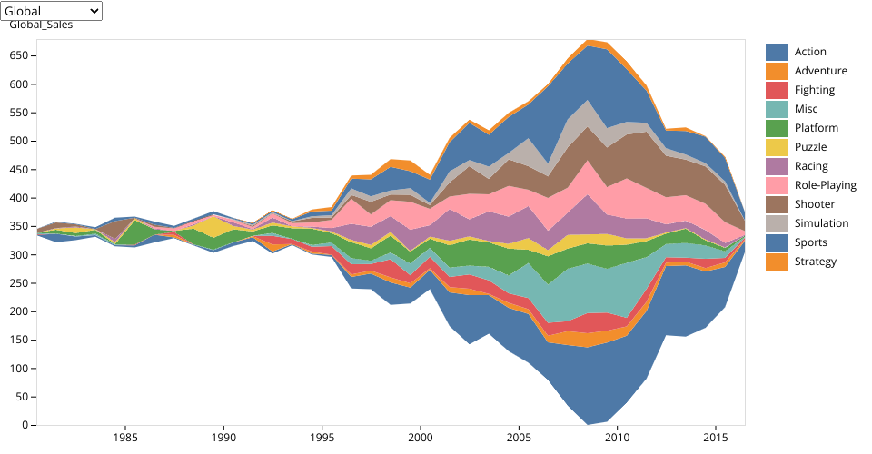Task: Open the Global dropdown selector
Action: pyautogui.click(x=52, y=11)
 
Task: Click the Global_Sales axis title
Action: pyautogui.click(x=41, y=25)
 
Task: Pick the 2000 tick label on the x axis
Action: pyautogui.click(x=420, y=437)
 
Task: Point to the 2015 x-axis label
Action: pyautogui.click(x=715, y=437)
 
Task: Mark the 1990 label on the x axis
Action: pyautogui.click(x=223, y=437)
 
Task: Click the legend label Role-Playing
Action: pyautogui.click(x=825, y=185)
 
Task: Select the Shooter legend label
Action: pyautogui.click(x=815, y=204)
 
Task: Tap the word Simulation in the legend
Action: pyautogui.click(x=821, y=223)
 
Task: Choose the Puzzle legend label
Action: pyautogui.click(x=811, y=147)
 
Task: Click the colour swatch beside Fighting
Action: pyautogui.click(x=776, y=90)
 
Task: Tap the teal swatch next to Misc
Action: pyautogui.click(x=776, y=109)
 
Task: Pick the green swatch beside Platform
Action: pyautogui.click(x=776, y=128)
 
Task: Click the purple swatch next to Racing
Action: pyautogui.click(x=776, y=166)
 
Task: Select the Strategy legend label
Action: pyautogui.click(x=816, y=262)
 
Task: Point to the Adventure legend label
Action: pyautogui.click(x=820, y=71)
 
